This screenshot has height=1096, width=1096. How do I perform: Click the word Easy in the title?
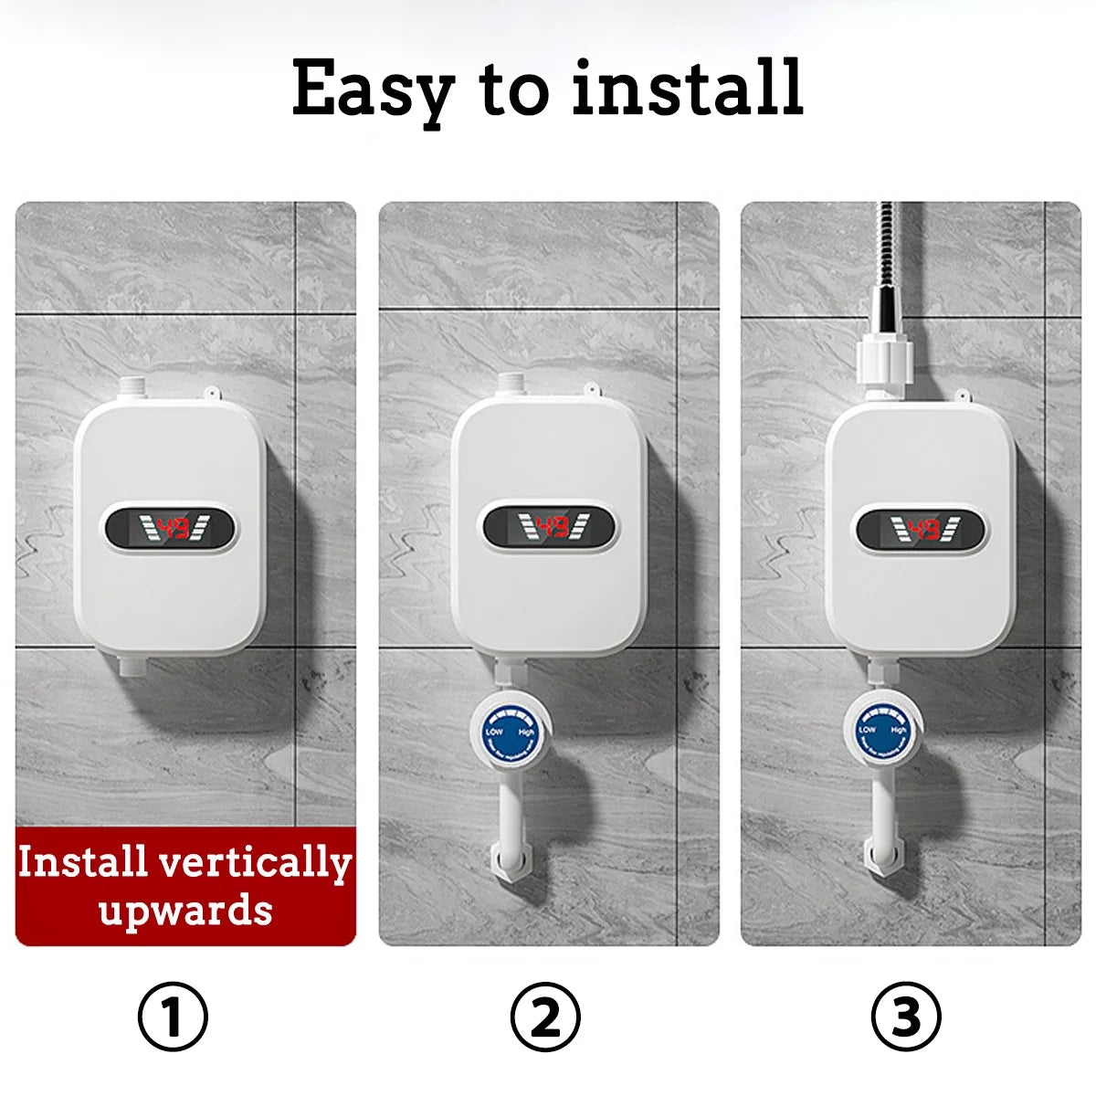pyautogui.click(x=373, y=90)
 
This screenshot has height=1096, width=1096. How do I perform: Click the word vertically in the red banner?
pyautogui.click(x=255, y=863)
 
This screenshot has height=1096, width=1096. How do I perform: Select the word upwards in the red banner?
pyautogui.click(x=185, y=911)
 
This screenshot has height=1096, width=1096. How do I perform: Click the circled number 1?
pyautogui.click(x=173, y=1016)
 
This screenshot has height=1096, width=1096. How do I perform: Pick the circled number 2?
pyautogui.click(x=545, y=1016)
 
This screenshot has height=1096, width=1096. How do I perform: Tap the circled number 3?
pyautogui.click(x=906, y=1016)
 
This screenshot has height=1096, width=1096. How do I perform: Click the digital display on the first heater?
pyautogui.click(x=170, y=528)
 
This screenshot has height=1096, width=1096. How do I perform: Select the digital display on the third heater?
pyautogui.click(x=922, y=529)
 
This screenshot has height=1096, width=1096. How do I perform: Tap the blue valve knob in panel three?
pyautogui.click(x=882, y=731)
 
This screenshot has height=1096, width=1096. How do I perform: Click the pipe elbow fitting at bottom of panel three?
pyautogui.click(x=882, y=859)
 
